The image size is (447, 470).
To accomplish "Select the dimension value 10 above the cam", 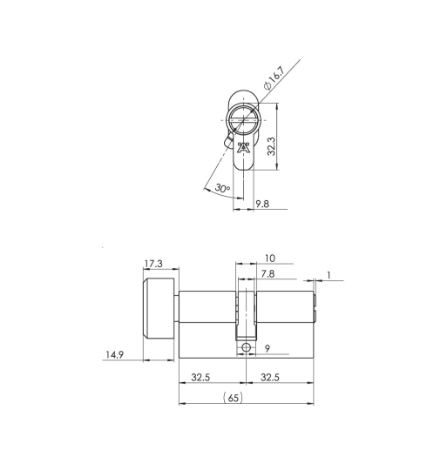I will click(x=268, y=258).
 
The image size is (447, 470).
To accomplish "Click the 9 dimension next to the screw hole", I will click(x=268, y=349).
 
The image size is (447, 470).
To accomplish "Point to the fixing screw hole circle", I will click(x=247, y=347).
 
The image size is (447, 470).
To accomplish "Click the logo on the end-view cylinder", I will click(x=244, y=146).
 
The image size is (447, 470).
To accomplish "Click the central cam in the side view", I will click(x=246, y=313).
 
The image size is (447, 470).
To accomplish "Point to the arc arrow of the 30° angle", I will click(x=214, y=193).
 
